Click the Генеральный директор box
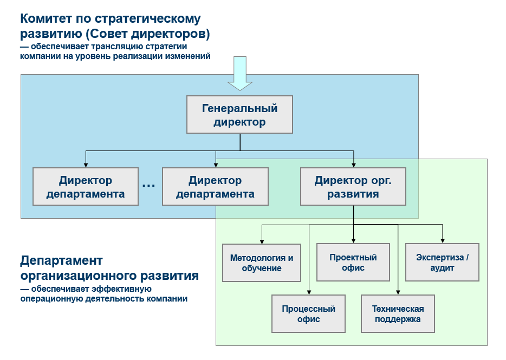[239, 114]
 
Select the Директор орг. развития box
[353, 187]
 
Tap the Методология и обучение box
[262, 263]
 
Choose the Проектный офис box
[353, 263]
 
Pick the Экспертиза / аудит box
[442, 263]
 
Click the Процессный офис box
[308, 314]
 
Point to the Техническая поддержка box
[398, 314]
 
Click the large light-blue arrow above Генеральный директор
[239, 73]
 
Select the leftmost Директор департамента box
[86, 187]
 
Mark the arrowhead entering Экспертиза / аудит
[443, 241]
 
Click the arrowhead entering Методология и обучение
[262, 241]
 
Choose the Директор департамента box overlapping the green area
[215, 187]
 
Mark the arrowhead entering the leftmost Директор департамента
[86, 165]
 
